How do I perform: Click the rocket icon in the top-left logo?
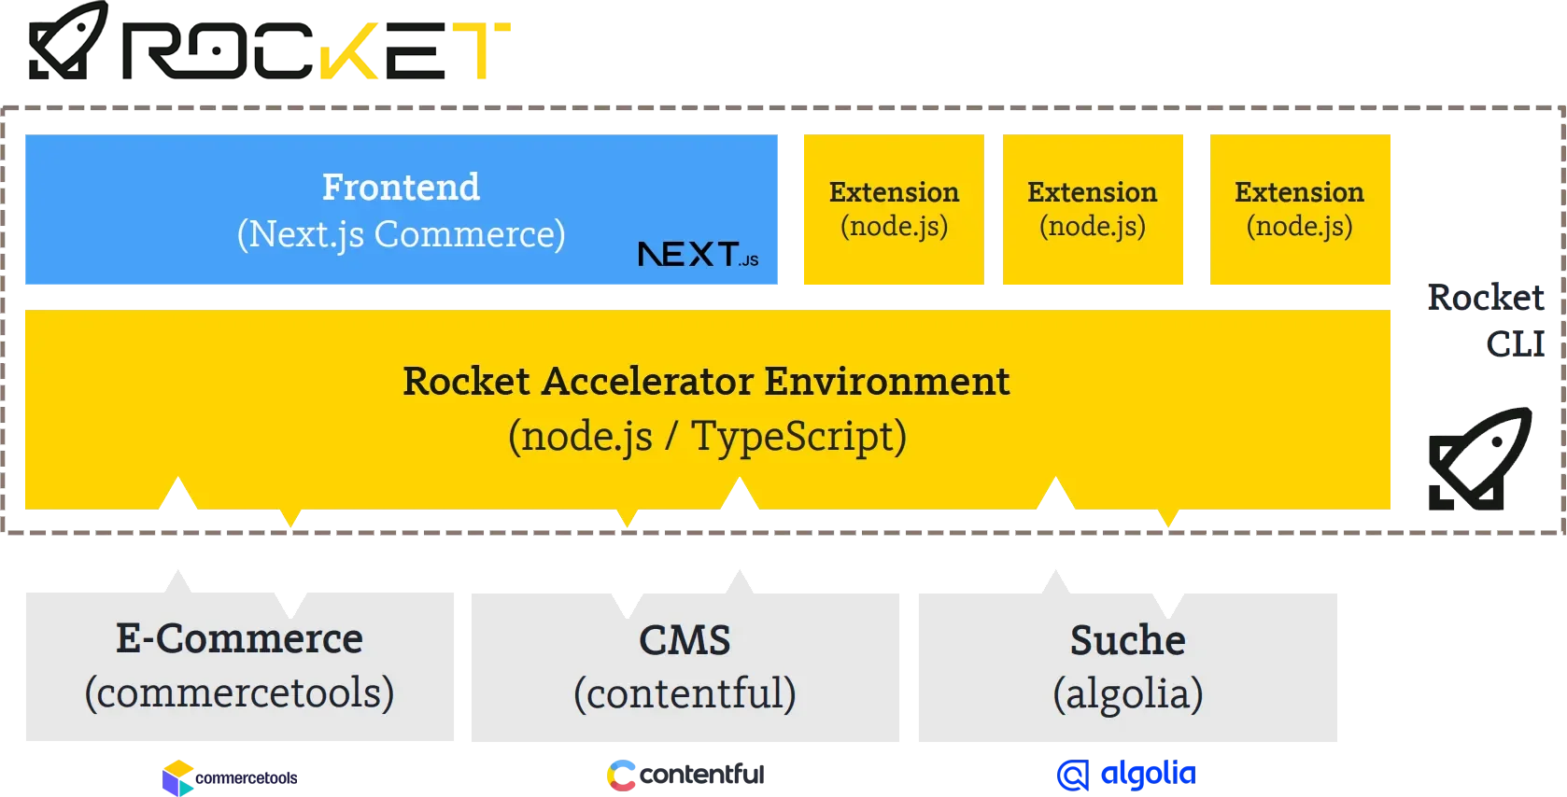[x=68, y=40]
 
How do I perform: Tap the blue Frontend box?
[x=401, y=209]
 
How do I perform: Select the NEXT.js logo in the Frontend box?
[x=698, y=255]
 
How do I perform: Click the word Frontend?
[x=401, y=187]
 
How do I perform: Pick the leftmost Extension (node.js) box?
[x=894, y=209]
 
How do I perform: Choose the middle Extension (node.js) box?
[x=1093, y=209]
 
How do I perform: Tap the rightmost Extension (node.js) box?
[x=1300, y=209]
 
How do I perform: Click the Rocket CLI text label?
[x=1486, y=320]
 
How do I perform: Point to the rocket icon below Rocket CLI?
[x=1480, y=458]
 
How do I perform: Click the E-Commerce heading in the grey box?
[x=239, y=638]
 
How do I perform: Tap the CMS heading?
[x=685, y=639]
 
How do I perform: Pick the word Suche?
[x=1128, y=639]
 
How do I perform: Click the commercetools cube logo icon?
[x=177, y=777]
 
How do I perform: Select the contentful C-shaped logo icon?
[x=621, y=776]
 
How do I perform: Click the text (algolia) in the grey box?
[x=1128, y=693]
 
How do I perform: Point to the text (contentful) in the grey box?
[x=685, y=693]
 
